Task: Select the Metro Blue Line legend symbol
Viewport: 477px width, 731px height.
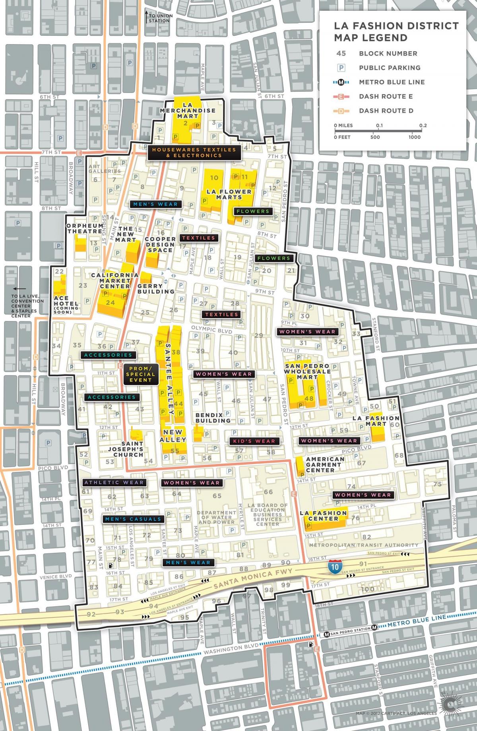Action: tap(341, 82)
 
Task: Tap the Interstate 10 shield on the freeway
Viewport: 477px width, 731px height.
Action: tap(335, 567)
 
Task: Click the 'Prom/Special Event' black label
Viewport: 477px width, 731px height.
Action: tap(140, 374)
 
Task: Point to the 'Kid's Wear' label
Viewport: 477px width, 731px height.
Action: tap(254, 441)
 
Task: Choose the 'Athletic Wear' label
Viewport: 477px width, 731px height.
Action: tap(114, 482)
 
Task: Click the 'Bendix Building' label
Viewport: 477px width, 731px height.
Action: tap(213, 418)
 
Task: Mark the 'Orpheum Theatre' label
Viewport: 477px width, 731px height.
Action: tap(85, 228)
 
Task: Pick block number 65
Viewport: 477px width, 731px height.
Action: tap(217, 496)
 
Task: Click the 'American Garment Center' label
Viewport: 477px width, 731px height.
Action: tap(325, 464)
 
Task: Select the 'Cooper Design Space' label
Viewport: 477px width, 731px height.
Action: tap(160, 244)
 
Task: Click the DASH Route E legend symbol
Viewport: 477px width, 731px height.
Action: tap(341, 97)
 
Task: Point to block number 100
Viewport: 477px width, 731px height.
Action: tap(368, 589)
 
